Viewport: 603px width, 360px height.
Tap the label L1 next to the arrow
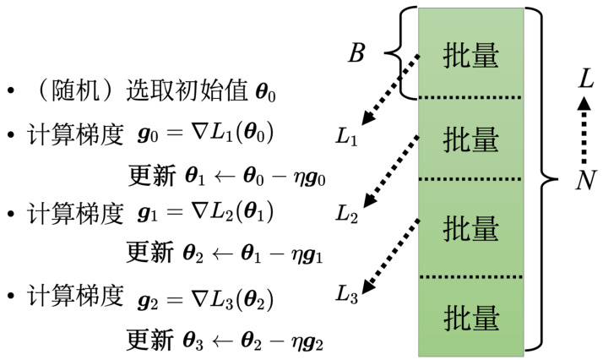pyautogui.click(x=346, y=138)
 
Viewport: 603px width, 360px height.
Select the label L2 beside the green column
pyautogui.click(x=346, y=214)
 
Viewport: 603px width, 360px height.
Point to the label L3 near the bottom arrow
pyautogui.click(x=346, y=294)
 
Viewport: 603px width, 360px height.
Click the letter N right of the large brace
pyautogui.click(x=582, y=180)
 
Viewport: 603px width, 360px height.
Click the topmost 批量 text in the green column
pyautogui.click(x=470, y=56)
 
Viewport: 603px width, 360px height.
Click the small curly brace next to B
pyautogui.click(x=403, y=53)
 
